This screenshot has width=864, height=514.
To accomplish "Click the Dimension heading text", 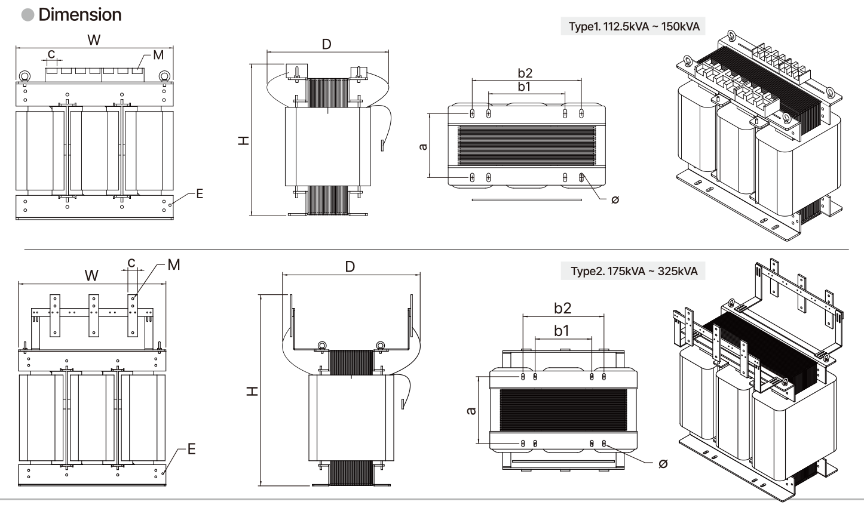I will click(79, 15).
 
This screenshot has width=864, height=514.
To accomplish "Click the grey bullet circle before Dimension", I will click(28, 15).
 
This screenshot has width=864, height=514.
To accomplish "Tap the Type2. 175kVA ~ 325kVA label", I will click(634, 271).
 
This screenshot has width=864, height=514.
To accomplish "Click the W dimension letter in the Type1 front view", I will click(94, 39).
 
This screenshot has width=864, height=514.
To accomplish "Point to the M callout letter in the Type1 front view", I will click(158, 55).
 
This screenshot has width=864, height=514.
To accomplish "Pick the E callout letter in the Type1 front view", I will click(199, 193).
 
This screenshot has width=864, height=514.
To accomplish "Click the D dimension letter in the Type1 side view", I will click(326, 44).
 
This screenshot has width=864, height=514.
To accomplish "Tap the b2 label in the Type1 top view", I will click(525, 73).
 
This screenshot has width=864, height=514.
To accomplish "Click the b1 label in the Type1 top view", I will click(525, 87).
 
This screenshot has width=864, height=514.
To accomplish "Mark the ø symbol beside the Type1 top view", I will click(615, 199).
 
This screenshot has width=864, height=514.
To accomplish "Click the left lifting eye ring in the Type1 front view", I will click(24, 76).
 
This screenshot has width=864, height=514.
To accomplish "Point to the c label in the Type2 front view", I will click(131, 262).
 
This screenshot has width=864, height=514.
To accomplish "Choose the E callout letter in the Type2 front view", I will click(191, 449).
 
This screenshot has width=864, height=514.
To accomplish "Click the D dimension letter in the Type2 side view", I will click(350, 266).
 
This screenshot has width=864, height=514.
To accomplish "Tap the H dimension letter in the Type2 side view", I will click(253, 390).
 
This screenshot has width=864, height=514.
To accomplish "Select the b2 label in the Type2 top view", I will click(562, 308).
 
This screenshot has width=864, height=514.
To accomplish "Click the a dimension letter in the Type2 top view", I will click(471, 411).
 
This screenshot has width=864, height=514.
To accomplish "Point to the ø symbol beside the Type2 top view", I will click(663, 464).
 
